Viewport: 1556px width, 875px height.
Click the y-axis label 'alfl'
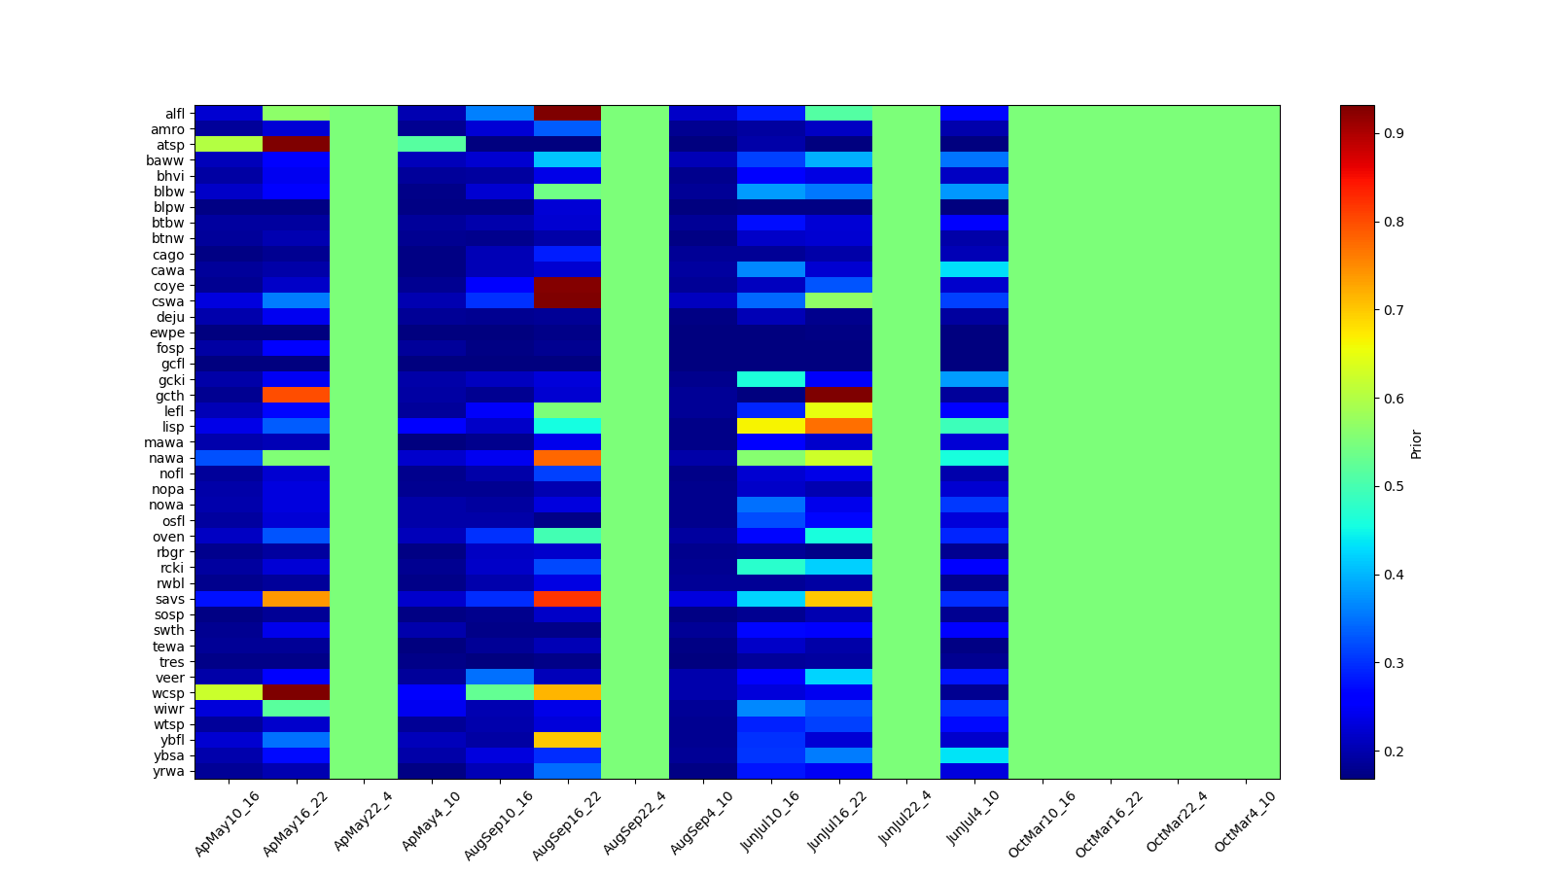(175, 114)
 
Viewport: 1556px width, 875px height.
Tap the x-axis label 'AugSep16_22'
(566, 824)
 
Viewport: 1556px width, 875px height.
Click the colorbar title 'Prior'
(1416, 443)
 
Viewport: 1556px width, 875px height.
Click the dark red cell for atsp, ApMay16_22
(296, 145)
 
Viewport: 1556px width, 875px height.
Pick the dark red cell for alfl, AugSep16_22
(567, 114)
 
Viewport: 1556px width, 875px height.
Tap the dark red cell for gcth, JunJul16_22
(838, 396)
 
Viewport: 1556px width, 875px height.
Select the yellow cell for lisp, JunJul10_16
(770, 427)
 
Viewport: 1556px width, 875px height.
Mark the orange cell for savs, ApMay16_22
(296, 599)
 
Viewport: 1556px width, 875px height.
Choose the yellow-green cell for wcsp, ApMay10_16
(228, 693)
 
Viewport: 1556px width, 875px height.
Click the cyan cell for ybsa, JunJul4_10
(973, 755)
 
